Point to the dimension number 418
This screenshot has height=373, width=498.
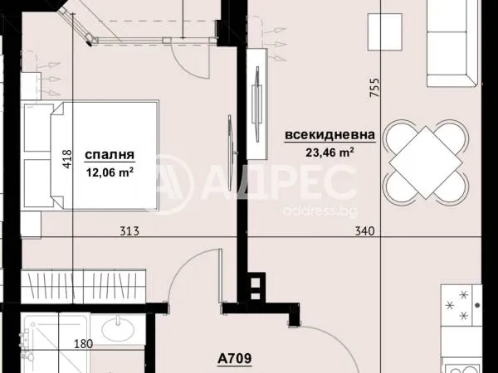[67, 157]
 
